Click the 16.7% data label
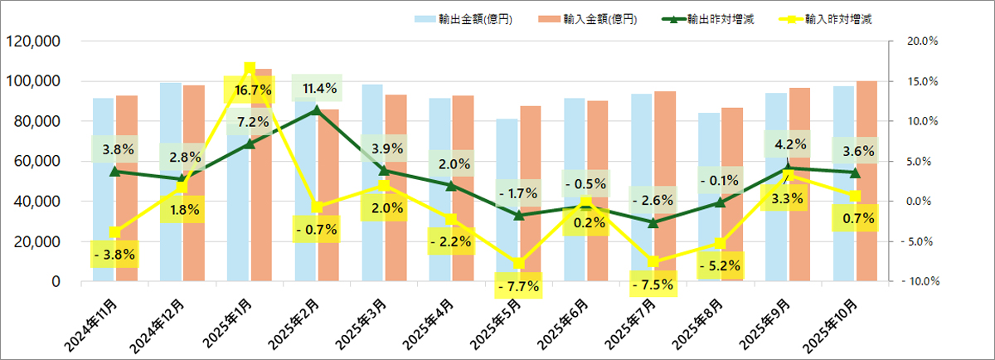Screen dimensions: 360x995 pyautogui.click(x=250, y=89)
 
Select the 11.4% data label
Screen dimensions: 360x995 pyautogui.click(x=317, y=88)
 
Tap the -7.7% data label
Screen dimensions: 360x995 pyautogui.click(x=519, y=286)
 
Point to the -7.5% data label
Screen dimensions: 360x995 pyautogui.click(x=653, y=285)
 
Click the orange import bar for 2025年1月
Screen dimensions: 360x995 pyautogui.click(x=261, y=191)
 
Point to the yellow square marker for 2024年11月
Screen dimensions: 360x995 pyautogui.click(x=114, y=232)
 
